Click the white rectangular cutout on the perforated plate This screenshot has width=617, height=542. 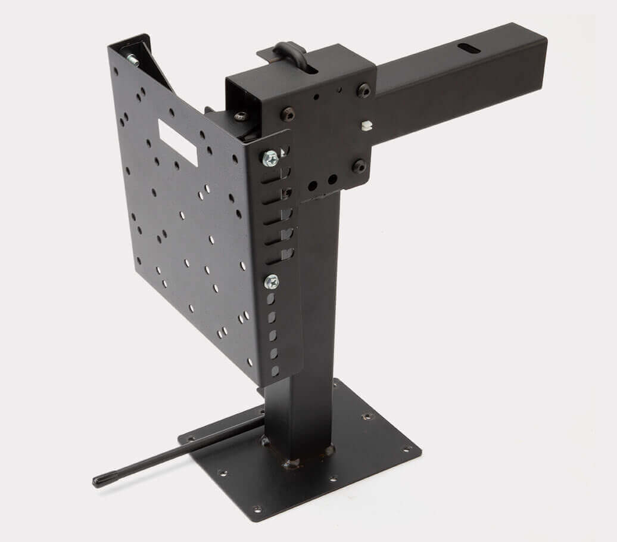coord(177,143)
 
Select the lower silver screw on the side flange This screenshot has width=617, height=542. coord(272,280)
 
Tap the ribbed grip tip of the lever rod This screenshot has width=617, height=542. coord(101,479)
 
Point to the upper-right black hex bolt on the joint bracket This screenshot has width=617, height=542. coord(363,91)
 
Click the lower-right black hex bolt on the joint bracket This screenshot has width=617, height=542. coord(360,166)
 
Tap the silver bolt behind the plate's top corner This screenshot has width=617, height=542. coord(130,59)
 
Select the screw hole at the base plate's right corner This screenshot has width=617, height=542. coord(407,448)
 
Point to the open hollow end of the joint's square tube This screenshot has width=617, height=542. coord(241,95)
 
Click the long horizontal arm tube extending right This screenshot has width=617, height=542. coord(459,78)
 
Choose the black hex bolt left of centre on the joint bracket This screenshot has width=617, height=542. coord(289,112)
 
